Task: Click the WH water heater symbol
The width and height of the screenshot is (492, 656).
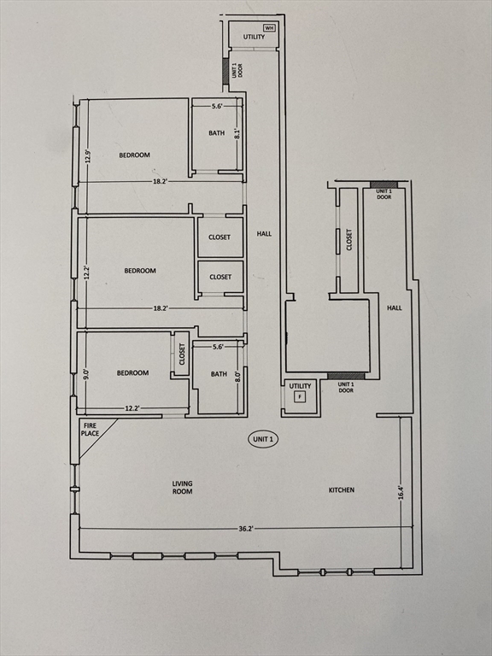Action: coord(269,28)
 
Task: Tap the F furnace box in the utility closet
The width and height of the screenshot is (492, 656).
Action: coord(300,396)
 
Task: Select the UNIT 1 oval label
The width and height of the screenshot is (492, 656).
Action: coord(264,439)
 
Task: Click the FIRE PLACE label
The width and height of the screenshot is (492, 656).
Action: coord(90,430)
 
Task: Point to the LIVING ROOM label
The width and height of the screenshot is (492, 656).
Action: coord(183,488)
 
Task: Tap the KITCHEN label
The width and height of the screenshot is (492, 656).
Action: coord(342,490)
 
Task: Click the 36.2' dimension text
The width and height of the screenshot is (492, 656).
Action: coord(246,529)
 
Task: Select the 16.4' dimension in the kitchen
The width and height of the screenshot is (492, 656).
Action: coord(401,492)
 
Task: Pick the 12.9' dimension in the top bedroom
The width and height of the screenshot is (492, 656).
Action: coord(87,157)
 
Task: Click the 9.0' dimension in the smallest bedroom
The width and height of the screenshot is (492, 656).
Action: coord(86,372)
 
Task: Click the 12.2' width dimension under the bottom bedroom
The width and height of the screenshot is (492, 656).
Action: coord(132,408)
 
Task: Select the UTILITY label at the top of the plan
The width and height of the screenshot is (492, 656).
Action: coord(254,37)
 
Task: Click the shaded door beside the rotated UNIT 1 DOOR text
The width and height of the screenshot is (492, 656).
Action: coord(225,71)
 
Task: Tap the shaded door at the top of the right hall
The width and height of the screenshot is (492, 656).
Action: coord(384,184)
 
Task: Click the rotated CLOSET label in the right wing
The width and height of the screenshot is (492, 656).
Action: coord(349,240)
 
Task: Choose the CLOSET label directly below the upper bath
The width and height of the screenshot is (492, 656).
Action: coord(220,237)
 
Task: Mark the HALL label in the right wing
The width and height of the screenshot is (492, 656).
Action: coord(394,307)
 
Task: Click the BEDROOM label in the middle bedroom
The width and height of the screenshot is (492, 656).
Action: coord(140,271)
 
